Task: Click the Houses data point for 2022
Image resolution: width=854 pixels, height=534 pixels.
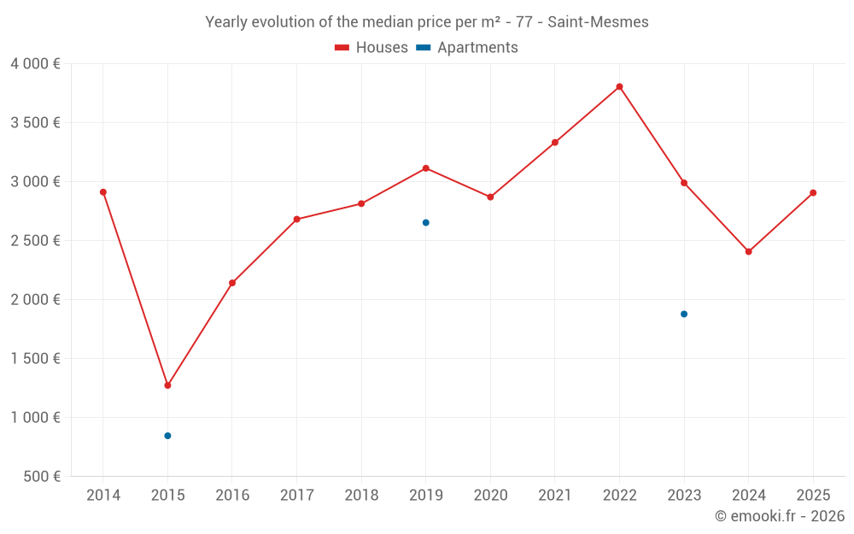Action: coord(619,86)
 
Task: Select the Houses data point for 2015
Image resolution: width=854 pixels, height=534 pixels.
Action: coord(167,385)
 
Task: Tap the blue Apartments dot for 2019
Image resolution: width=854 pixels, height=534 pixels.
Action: coord(425,222)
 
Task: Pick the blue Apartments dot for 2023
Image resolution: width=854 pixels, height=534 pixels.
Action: coord(684,314)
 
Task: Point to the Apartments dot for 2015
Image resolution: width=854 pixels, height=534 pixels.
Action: coord(167,436)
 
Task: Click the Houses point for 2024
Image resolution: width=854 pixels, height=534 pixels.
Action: coord(748,251)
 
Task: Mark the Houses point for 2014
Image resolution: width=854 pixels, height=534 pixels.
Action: coord(103,192)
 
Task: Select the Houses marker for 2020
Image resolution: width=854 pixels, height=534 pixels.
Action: coord(490,197)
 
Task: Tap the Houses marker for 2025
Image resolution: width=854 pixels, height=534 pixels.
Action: coord(813,193)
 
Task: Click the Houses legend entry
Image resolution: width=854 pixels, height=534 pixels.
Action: coord(371,48)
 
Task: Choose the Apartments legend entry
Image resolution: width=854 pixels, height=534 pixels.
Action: coord(468,48)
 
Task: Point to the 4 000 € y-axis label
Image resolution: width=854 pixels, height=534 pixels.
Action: coord(35,64)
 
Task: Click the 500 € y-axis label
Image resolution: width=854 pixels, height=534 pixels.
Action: coord(40,476)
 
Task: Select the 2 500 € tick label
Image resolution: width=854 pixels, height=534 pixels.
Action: coord(35,241)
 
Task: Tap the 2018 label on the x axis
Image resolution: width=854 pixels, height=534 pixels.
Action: coord(361,496)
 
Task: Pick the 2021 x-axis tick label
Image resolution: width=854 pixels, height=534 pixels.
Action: coord(554,496)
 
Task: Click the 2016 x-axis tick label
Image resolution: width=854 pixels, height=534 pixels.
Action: coord(232,496)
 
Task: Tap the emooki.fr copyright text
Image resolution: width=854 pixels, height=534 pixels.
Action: coord(780,516)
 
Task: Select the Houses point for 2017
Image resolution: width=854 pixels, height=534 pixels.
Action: coord(296,220)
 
